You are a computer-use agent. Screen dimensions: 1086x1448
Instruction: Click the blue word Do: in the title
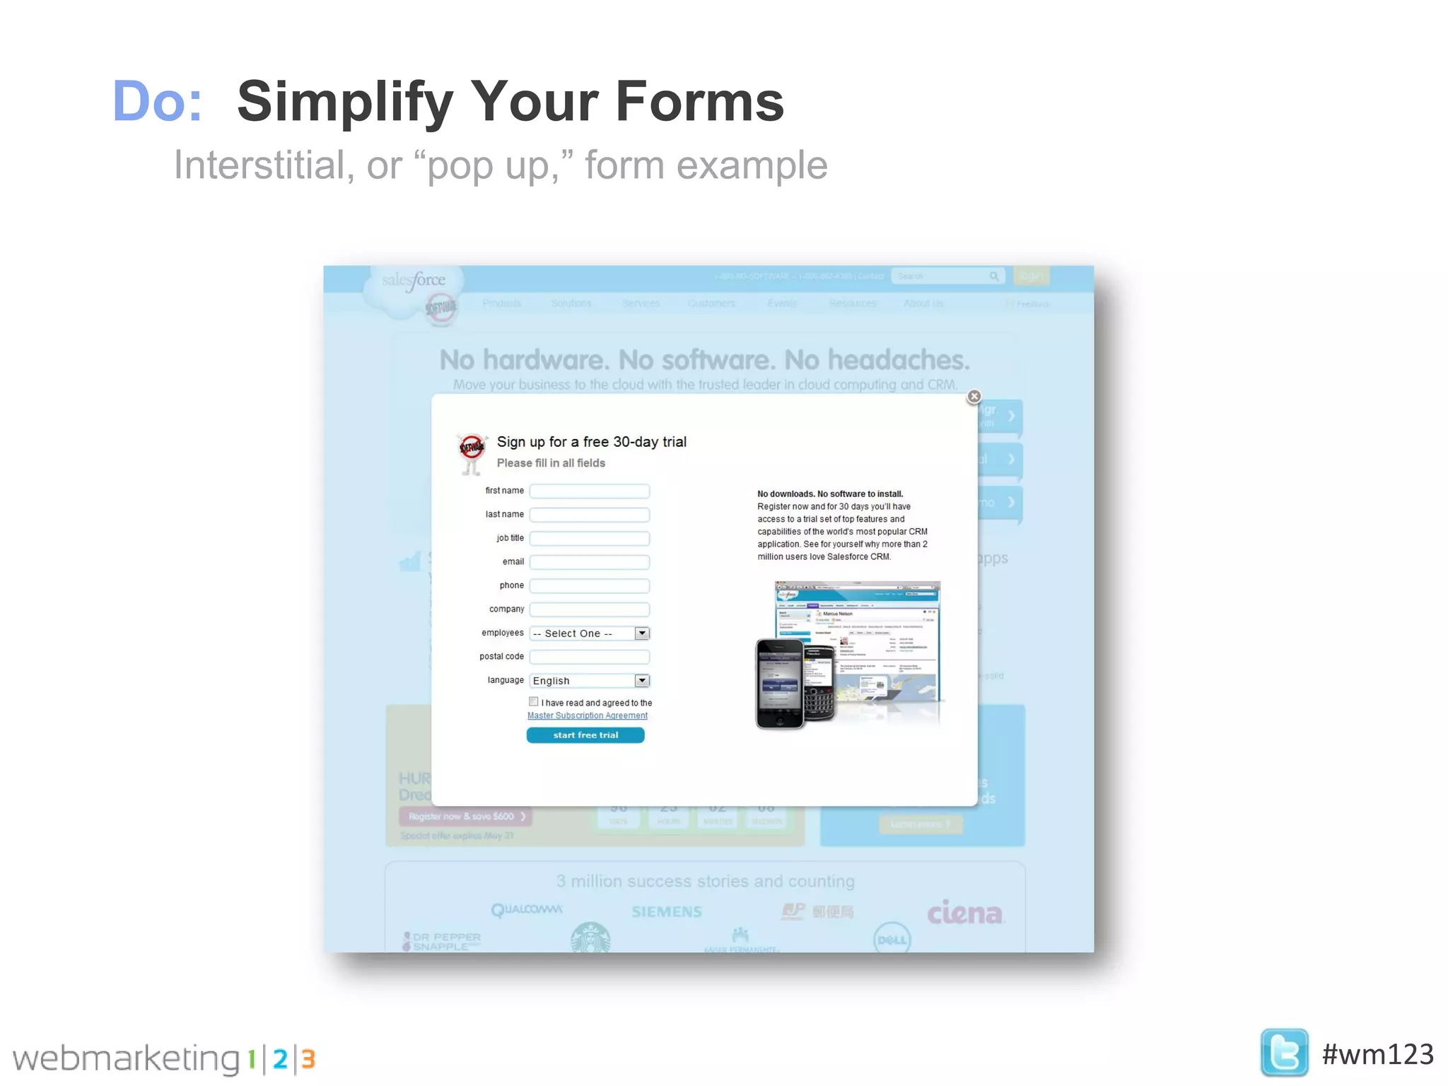point(157,101)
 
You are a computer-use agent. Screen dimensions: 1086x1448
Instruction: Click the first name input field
point(589,491)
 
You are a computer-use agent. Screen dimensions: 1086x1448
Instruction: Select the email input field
point(589,562)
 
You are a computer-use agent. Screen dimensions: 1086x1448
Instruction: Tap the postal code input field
point(589,657)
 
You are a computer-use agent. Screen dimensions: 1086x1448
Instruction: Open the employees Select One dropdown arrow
point(642,633)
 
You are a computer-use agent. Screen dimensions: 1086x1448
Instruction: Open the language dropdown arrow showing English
point(642,681)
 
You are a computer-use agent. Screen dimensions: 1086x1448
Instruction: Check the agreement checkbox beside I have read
point(534,702)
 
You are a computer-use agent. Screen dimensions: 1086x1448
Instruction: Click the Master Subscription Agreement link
point(588,716)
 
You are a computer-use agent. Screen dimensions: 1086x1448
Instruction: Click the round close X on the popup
point(974,397)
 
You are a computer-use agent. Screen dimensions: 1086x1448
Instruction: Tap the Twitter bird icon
point(1284,1053)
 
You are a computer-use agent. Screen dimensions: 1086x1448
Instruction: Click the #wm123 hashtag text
point(1377,1054)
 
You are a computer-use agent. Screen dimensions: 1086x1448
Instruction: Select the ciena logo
point(964,913)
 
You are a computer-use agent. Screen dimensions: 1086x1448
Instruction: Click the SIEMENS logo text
point(667,912)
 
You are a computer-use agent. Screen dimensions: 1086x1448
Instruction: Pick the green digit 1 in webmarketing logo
point(251,1059)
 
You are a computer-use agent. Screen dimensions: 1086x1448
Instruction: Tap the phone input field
point(589,586)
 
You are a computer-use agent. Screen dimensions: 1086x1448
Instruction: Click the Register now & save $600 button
point(465,817)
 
